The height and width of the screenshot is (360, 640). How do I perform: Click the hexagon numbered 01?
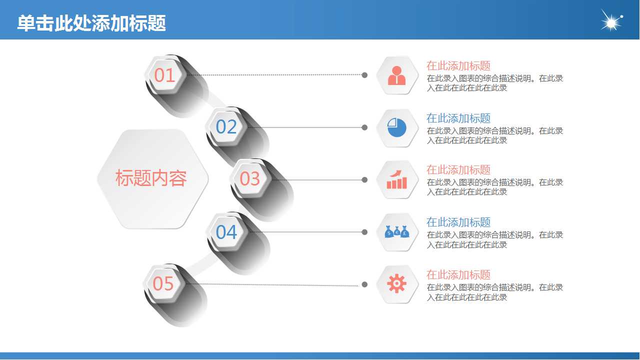point(164,75)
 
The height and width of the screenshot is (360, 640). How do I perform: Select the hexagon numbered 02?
point(226,127)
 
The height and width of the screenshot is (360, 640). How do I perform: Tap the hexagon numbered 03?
point(250,178)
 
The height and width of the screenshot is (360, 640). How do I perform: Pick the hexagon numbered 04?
point(226,232)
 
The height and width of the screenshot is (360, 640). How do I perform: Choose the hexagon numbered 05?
point(163,283)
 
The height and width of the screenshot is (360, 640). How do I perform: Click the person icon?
point(397,75)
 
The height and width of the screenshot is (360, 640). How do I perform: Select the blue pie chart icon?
point(397,127)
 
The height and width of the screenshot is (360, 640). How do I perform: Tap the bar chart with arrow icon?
point(397,179)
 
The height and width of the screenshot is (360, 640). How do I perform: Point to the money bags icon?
point(397,232)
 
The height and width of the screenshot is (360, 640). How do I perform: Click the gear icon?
point(397,284)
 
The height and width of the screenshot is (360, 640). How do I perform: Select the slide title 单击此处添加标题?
point(91,23)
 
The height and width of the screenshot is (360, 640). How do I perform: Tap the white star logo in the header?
point(611,21)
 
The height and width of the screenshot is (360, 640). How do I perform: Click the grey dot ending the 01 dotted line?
point(364,75)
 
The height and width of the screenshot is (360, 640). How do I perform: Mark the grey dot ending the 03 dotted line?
point(364,179)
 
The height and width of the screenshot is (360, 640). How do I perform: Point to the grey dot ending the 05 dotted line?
point(364,284)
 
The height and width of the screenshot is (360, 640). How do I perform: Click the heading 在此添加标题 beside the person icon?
point(458,65)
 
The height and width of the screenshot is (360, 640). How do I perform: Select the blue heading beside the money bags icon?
point(458,222)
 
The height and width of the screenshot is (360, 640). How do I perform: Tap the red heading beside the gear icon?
point(458,274)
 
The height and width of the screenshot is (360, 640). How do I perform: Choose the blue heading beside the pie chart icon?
point(458,118)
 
